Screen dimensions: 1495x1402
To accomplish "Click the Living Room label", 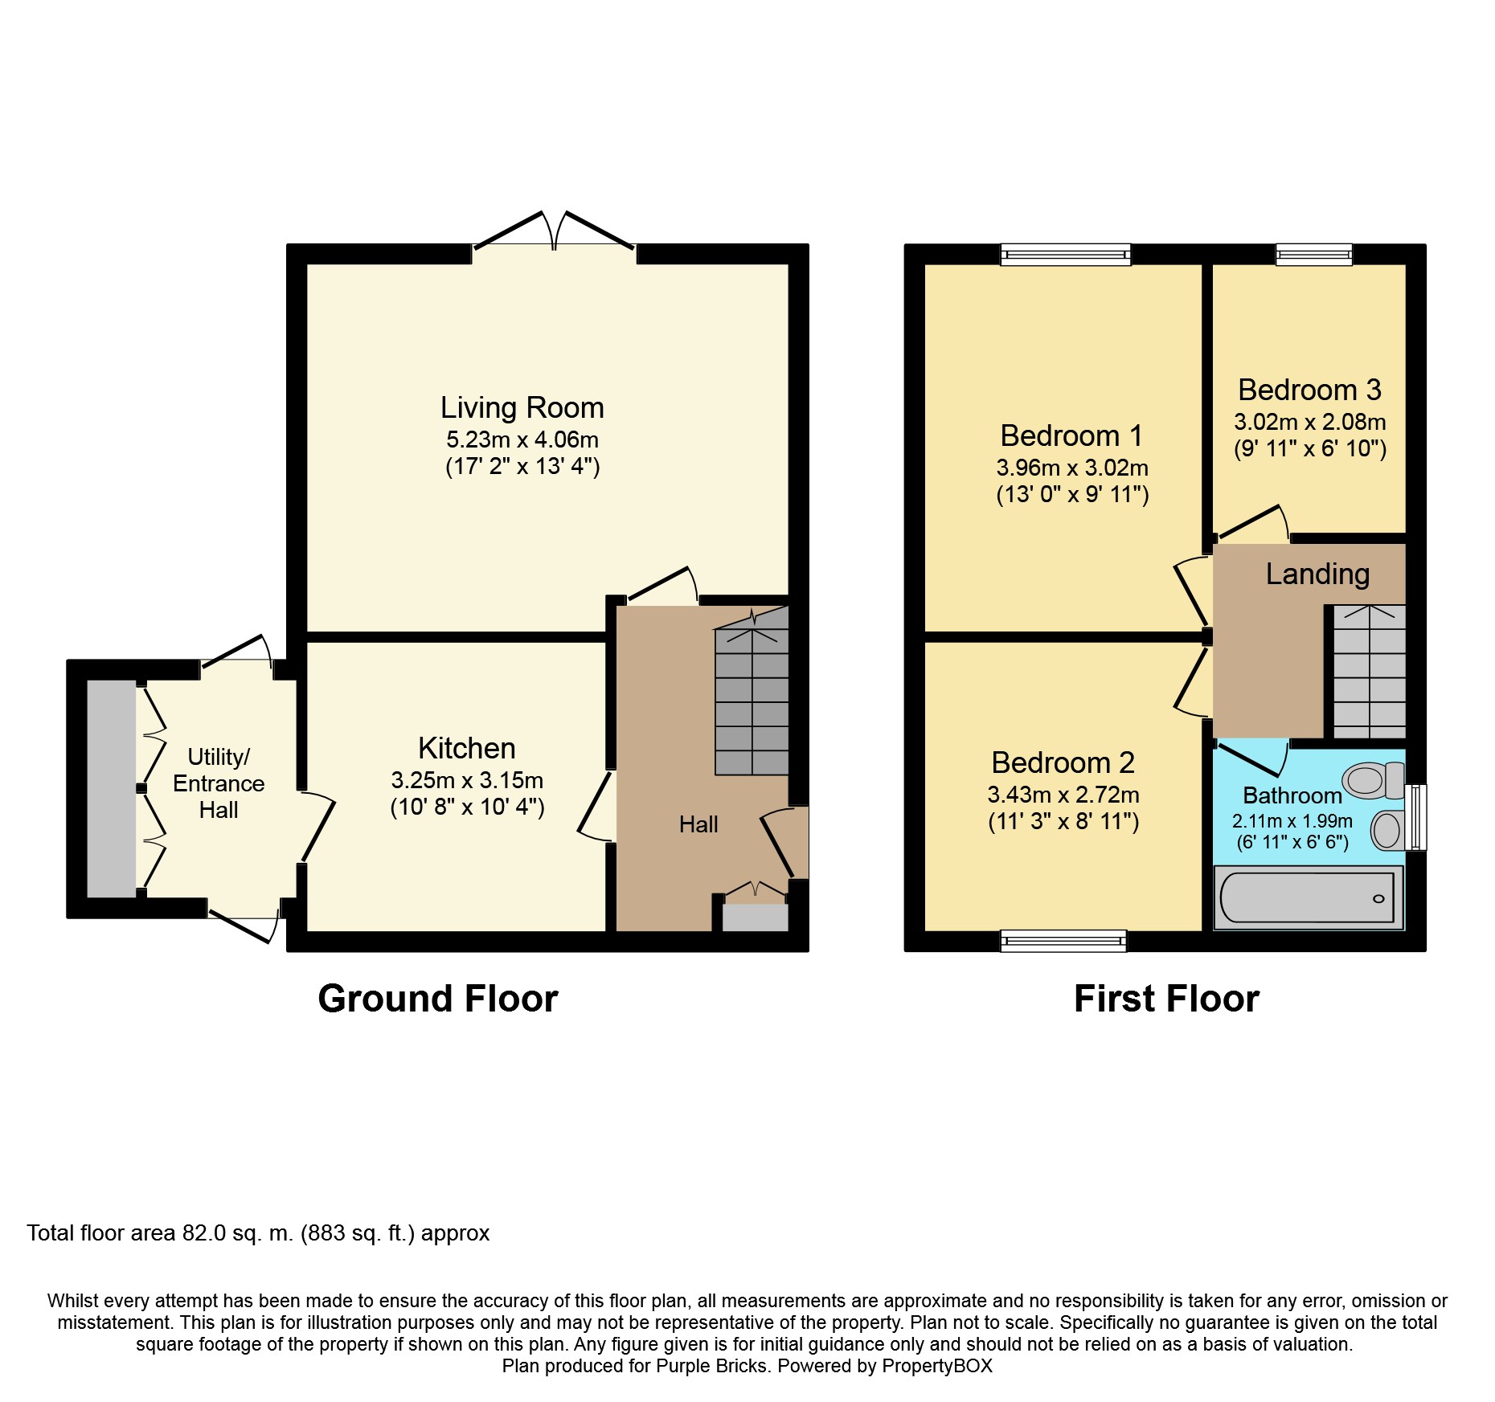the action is click(x=522, y=408).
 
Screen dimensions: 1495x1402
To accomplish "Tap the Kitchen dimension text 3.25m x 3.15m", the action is click(x=467, y=780).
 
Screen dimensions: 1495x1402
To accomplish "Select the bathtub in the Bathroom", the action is click(x=1309, y=897).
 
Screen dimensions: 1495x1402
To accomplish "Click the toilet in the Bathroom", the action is click(x=1373, y=779).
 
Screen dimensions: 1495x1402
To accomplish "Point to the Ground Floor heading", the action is click(x=438, y=999).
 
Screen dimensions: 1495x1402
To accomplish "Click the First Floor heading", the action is click(x=1166, y=999).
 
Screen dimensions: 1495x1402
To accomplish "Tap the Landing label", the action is click(x=1317, y=574).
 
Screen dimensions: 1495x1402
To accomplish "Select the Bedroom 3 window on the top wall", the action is click(x=1314, y=254).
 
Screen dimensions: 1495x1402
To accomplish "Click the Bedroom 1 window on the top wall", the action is click(x=1066, y=254).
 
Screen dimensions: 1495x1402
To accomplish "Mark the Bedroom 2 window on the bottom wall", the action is click(x=1063, y=941).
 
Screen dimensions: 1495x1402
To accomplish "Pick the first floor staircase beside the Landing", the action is click(x=1370, y=672).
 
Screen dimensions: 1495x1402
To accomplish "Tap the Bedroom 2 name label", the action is click(x=1063, y=762).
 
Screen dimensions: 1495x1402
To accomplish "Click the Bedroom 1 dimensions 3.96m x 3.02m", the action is click(x=1072, y=468).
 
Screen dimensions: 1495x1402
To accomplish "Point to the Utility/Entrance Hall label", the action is click(x=219, y=783).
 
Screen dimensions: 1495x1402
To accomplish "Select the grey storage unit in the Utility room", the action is click(x=111, y=788).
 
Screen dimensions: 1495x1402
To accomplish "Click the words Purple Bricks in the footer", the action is click(x=711, y=1366).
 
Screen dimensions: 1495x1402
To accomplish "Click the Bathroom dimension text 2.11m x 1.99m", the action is click(x=1292, y=821).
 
